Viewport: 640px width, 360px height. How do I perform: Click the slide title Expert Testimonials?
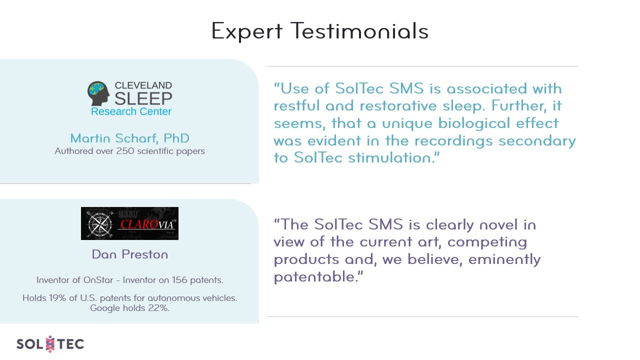pyautogui.click(x=319, y=31)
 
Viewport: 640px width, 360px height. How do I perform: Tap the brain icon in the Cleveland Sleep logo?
pyautogui.click(x=98, y=93)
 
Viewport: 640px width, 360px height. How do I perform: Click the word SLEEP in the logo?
pyautogui.click(x=143, y=98)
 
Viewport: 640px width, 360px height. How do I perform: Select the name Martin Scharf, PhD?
pyautogui.click(x=129, y=138)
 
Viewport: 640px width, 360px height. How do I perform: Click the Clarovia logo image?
pyautogui.click(x=129, y=223)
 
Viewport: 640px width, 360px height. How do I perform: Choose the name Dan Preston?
pyautogui.click(x=129, y=254)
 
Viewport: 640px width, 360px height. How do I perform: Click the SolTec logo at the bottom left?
pyautogui.click(x=50, y=344)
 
